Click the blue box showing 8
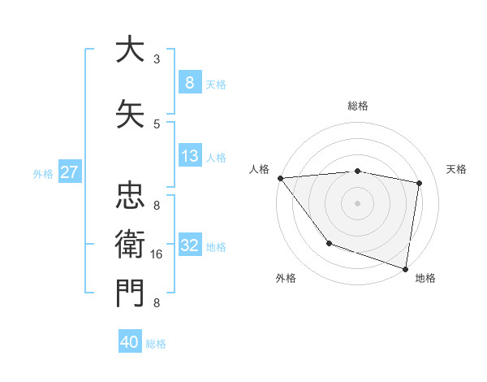[189, 82]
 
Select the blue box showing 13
[189, 156]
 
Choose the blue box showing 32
[189, 245]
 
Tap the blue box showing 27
[69, 172]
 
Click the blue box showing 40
[130, 342]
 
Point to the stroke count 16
[157, 254]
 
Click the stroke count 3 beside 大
[156, 59]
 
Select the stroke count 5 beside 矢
[156, 124]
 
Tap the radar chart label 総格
[357, 106]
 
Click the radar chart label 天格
[456, 169]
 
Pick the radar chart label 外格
[286, 278]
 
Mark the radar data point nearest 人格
[280, 178]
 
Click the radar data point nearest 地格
[405, 267]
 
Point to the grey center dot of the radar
[357, 202]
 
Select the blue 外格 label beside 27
[42, 173]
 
